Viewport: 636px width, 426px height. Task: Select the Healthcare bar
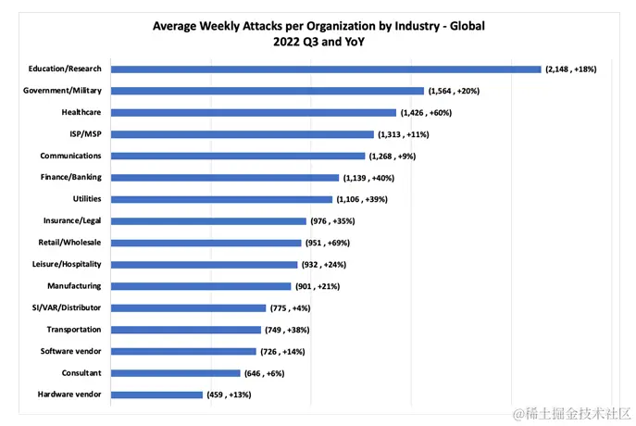[x=254, y=112]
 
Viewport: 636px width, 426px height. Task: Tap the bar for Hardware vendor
[x=156, y=395]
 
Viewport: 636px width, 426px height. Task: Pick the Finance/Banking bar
[x=225, y=177]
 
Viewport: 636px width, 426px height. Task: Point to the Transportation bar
[x=186, y=330]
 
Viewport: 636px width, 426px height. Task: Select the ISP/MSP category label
[x=83, y=134]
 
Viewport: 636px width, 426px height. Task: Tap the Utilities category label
[x=87, y=199]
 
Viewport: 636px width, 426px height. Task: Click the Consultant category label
[x=80, y=372]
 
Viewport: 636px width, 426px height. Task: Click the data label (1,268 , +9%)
[x=392, y=156]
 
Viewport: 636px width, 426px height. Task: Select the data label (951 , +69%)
[x=330, y=243]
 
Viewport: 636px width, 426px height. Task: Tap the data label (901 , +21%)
[x=318, y=286]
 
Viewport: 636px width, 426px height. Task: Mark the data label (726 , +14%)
[x=282, y=352]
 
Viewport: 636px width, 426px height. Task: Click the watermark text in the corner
[x=571, y=411]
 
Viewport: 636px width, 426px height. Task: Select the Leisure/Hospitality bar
[x=205, y=264]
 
